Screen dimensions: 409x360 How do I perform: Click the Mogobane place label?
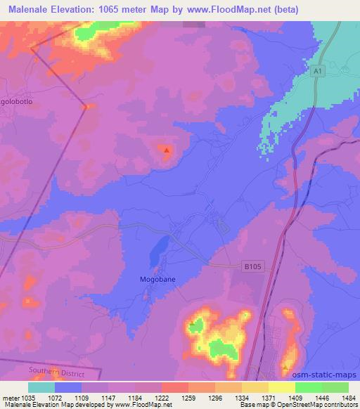coord(157,278)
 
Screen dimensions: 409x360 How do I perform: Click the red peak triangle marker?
coord(167,149)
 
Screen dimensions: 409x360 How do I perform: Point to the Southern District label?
coord(56,370)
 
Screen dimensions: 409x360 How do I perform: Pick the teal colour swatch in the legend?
coord(41,387)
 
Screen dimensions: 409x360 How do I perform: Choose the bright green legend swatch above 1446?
coord(309,387)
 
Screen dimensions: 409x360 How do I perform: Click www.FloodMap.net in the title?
coord(214,10)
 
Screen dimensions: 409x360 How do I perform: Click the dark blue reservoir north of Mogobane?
coord(158,245)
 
